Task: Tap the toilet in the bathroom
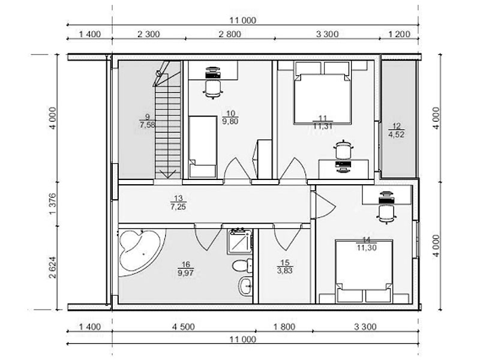[242, 265]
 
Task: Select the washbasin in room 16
[245, 286]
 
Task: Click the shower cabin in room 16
[239, 241]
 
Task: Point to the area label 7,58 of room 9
[147, 125]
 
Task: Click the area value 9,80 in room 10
[230, 122]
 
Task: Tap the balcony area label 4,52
[397, 134]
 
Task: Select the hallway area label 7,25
[178, 207]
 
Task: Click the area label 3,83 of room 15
[284, 271]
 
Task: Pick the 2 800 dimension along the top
[230, 34]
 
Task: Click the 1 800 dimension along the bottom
[284, 327]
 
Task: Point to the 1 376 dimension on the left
[53, 204]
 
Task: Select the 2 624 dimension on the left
[53, 267]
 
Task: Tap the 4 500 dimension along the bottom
[184, 327]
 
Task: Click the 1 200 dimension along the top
[399, 34]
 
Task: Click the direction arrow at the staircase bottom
[168, 174]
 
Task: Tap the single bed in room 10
[203, 147]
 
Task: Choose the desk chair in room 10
[213, 89]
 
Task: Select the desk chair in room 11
[343, 150]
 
